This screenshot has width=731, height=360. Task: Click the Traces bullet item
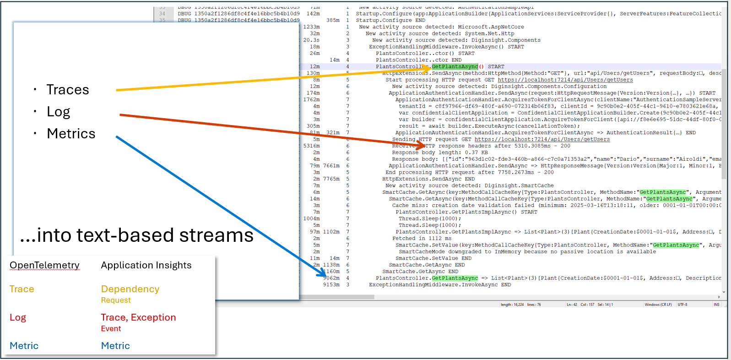click(68, 90)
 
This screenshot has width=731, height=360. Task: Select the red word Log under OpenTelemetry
click(18, 317)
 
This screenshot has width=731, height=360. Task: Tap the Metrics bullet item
click(71, 134)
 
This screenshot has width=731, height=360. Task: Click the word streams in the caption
click(216, 235)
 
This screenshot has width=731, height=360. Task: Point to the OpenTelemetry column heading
click(44, 265)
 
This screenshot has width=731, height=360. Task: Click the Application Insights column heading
click(146, 265)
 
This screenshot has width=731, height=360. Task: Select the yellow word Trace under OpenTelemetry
click(22, 289)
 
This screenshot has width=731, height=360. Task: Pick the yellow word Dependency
click(130, 289)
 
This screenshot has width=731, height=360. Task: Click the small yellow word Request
click(116, 300)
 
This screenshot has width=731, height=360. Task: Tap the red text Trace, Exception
click(138, 317)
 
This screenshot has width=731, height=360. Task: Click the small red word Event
click(111, 328)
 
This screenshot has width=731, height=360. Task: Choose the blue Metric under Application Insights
click(115, 346)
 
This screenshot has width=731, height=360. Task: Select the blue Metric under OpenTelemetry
click(24, 346)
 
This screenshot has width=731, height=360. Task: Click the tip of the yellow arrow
click(430, 67)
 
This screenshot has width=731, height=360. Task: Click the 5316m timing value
click(311, 146)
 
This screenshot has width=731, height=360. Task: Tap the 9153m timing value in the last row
click(331, 285)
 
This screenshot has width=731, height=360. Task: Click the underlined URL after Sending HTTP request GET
click(542, 139)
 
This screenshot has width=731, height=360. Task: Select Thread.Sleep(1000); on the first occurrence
click(429, 219)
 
